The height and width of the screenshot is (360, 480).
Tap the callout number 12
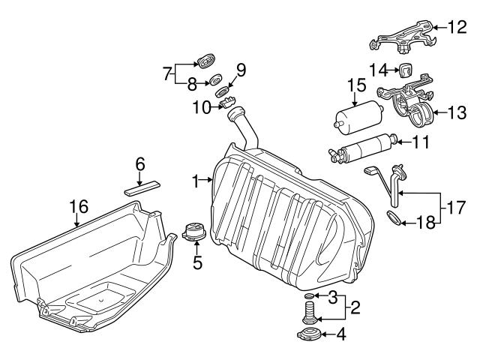tap(457, 28)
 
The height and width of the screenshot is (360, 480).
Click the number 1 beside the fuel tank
tap(196, 181)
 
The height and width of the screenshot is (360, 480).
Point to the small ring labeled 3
tap(310, 298)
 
